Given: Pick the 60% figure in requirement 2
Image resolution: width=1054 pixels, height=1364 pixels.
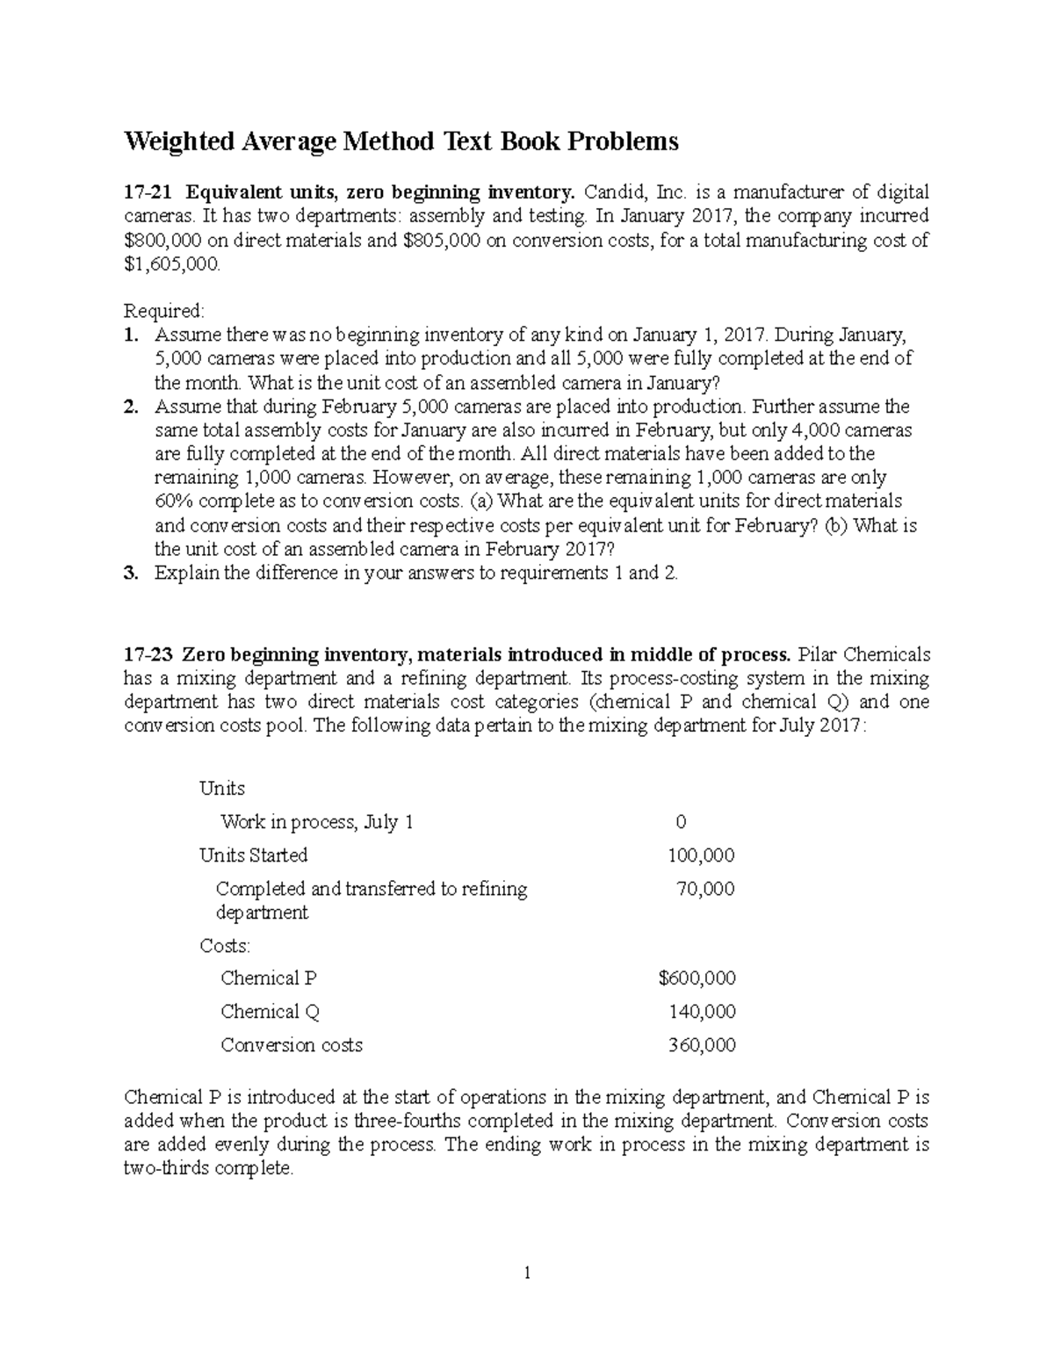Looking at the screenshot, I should coord(173,502).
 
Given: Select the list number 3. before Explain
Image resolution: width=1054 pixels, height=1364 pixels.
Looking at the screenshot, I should coord(131,574).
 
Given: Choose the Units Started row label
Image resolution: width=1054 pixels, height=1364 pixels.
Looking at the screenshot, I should coord(253,855).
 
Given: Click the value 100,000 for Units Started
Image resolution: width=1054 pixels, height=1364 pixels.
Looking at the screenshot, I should coord(701,855).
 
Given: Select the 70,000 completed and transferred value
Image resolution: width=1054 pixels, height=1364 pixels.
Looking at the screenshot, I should coord(705,889).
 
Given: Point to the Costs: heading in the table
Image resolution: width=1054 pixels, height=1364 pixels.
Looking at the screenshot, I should coord(224,946).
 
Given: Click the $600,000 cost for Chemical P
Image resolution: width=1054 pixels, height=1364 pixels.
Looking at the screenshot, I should coord(697,978).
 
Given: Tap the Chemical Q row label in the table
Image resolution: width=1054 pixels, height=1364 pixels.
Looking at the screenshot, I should coord(270,1012).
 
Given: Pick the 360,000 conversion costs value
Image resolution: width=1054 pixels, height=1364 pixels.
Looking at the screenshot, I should coord(701,1045).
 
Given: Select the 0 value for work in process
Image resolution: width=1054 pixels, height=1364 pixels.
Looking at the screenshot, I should coord(680,822).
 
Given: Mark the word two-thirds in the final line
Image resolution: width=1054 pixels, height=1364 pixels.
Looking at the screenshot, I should coord(165,1169).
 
